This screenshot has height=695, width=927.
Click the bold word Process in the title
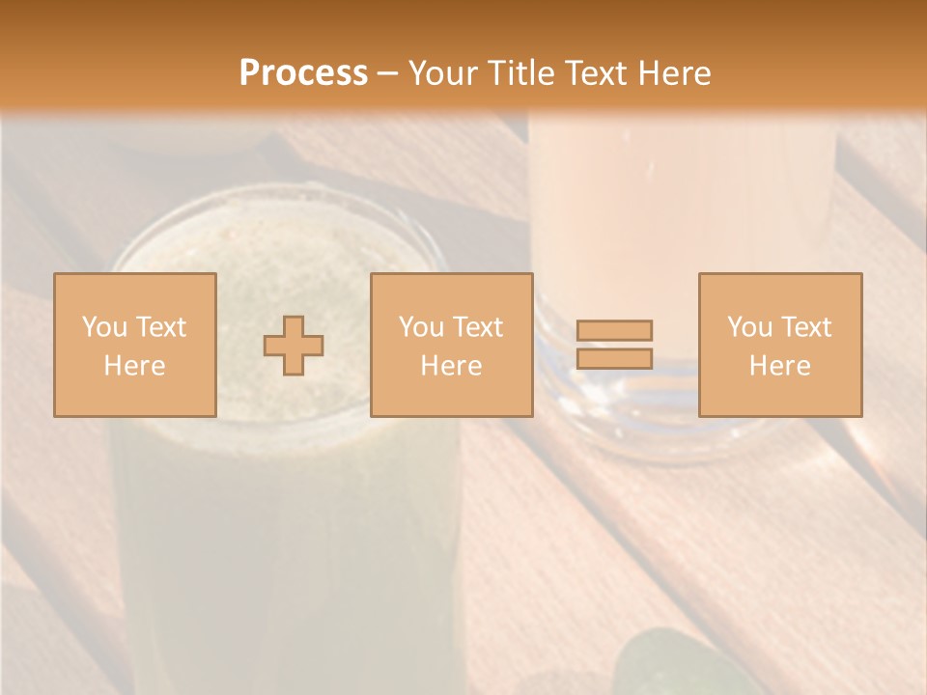pos(303,72)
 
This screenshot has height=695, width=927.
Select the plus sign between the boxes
pos(294,346)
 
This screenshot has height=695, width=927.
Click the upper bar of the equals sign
pos(614,330)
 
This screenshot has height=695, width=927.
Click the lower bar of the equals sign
pos(614,359)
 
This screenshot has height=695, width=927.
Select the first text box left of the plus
pos(134,345)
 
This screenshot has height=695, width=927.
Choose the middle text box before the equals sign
pos(451,345)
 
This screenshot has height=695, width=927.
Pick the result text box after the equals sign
pos(779,345)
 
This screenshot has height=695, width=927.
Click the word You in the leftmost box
pos(103,326)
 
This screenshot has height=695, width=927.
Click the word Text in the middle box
pos(477,326)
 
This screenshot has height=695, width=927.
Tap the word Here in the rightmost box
pos(779,366)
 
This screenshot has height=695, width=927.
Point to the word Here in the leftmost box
pos(134,366)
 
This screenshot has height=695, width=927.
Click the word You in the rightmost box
pos(749,326)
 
